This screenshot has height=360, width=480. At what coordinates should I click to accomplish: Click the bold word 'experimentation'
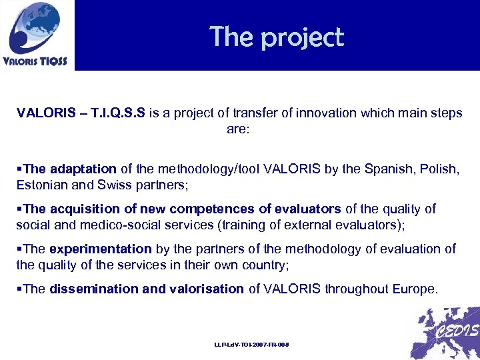click(100, 249)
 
